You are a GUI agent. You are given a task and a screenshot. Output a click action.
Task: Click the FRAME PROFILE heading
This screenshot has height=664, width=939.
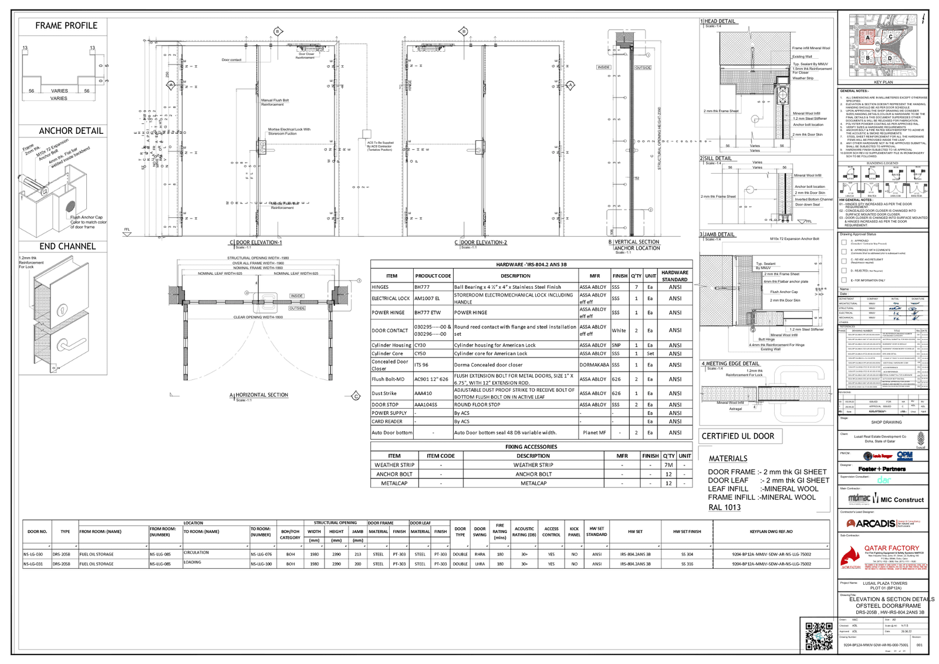(66, 26)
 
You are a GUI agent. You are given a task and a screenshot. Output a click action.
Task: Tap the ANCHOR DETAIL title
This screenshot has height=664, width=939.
(71, 131)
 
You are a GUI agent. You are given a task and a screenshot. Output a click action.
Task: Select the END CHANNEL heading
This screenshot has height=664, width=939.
(67, 247)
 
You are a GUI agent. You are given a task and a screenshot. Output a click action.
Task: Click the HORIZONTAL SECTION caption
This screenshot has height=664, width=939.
(262, 395)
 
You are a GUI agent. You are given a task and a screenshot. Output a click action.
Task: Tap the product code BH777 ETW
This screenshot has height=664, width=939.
(427, 313)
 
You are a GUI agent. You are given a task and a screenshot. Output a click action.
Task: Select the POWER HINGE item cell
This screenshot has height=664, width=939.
(388, 313)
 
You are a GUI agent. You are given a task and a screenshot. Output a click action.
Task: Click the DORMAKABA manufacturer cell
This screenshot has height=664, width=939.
(595, 365)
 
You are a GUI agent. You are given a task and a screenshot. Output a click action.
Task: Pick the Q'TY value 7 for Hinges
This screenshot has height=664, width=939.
(636, 287)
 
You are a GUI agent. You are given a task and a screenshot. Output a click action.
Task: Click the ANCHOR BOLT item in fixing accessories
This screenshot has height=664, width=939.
(394, 474)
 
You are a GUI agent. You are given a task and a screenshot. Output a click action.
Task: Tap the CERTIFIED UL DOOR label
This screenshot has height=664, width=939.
(738, 436)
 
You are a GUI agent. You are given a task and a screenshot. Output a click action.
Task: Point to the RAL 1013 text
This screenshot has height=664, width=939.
(724, 507)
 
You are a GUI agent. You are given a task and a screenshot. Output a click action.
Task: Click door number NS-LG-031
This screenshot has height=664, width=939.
(33, 564)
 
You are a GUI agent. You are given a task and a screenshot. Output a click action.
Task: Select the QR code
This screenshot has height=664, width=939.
(819, 636)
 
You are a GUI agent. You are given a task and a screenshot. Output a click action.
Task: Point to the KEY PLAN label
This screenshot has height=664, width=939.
(883, 82)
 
